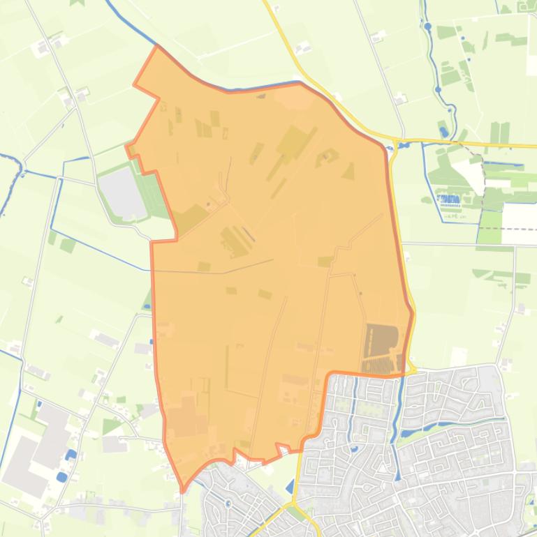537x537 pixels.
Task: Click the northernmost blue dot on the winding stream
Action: coord(427,27)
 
